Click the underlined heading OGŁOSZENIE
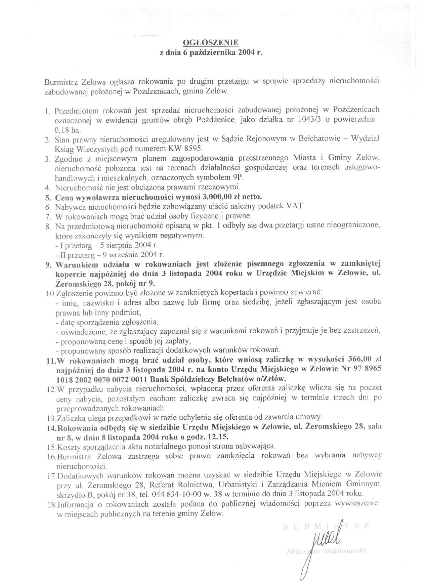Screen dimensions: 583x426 tap(211, 43)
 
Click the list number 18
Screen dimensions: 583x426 tap(52, 504)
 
